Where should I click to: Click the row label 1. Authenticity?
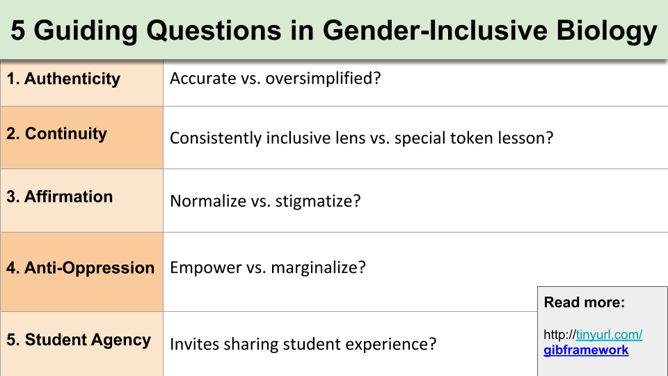pyautogui.click(x=63, y=79)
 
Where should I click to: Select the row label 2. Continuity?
pyautogui.click(x=56, y=134)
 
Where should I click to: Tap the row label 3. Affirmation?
pyautogui.click(x=59, y=197)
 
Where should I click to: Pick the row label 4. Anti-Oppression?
pyautogui.click(x=80, y=268)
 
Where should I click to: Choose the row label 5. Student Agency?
pyautogui.click(x=78, y=340)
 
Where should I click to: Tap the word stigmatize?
pyautogui.click(x=318, y=201)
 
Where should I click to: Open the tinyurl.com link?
pyautogui.click(x=609, y=335)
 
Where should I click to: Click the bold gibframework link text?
pyautogui.click(x=586, y=350)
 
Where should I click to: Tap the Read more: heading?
pyautogui.click(x=584, y=302)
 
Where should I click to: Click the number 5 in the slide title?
pyautogui.click(x=19, y=31)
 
